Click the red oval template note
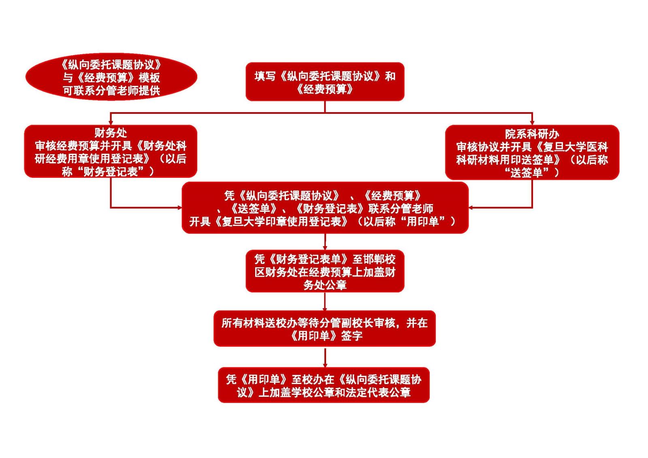tap(111, 77)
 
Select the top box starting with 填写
tap(325, 81)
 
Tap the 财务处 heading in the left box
tap(111, 132)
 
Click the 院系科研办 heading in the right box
tap(532, 134)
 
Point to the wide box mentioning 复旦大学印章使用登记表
tap(325, 208)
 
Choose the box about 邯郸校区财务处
tap(325, 271)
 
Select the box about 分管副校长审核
tap(324, 328)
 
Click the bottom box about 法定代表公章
tap(324, 385)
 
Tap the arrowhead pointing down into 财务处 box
tap(111, 122)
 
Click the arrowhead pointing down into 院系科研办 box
tap(532, 122)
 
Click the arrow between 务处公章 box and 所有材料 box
tap(325, 302)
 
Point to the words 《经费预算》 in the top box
tap(325, 89)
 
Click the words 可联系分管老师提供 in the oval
tap(111, 90)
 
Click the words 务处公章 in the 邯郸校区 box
tap(325, 285)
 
